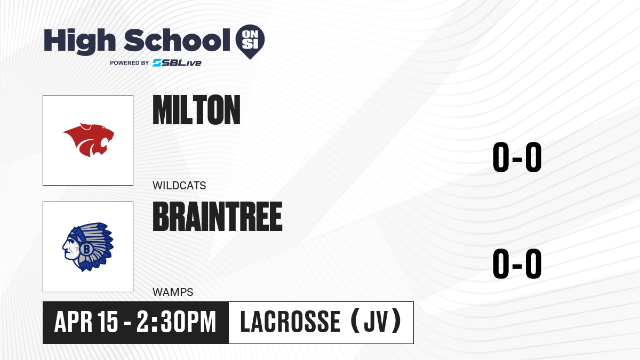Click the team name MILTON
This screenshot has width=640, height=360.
click(x=196, y=110)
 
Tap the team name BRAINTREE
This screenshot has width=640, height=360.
click(x=218, y=217)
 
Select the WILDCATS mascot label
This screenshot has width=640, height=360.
click(x=179, y=186)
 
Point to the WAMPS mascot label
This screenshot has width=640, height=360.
click(x=173, y=292)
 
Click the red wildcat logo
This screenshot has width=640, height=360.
click(x=89, y=140)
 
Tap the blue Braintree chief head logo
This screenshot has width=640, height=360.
click(x=88, y=247)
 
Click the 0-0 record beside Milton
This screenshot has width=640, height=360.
click(x=517, y=157)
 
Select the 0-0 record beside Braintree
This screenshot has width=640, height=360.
click(x=517, y=263)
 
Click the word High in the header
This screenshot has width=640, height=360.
click(x=79, y=42)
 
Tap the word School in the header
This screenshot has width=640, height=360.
click(x=177, y=40)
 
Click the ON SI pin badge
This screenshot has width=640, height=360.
click(x=250, y=42)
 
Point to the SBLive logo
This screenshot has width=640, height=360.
click(x=177, y=63)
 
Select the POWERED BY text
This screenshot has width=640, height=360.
click(x=130, y=63)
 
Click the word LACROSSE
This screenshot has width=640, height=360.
click(x=290, y=322)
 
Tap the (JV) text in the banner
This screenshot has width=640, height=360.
click(x=376, y=322)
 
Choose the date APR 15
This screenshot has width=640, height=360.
click(x=86, y=322)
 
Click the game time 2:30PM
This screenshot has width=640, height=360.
click(x=177, y=322)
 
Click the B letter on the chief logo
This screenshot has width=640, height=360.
click(x=86, y=249)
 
